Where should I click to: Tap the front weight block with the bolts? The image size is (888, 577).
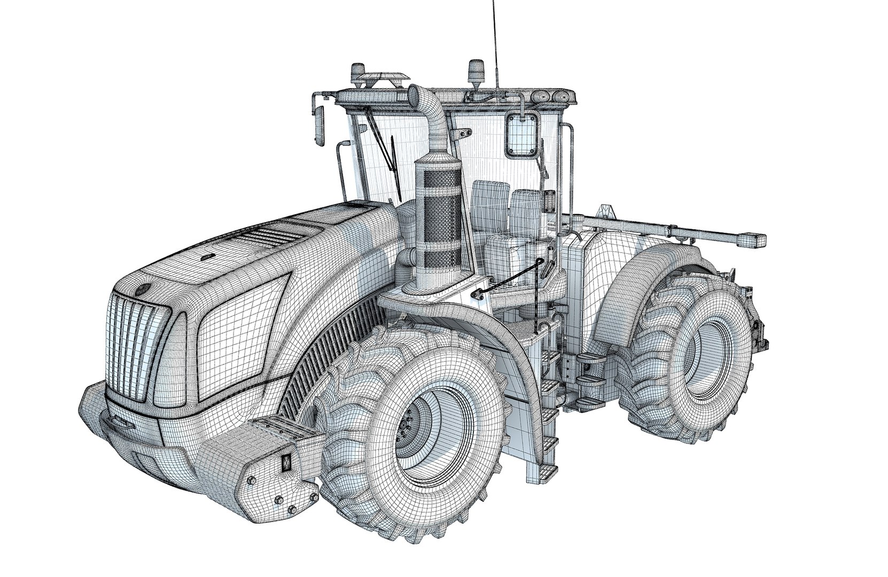click(267, 470)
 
